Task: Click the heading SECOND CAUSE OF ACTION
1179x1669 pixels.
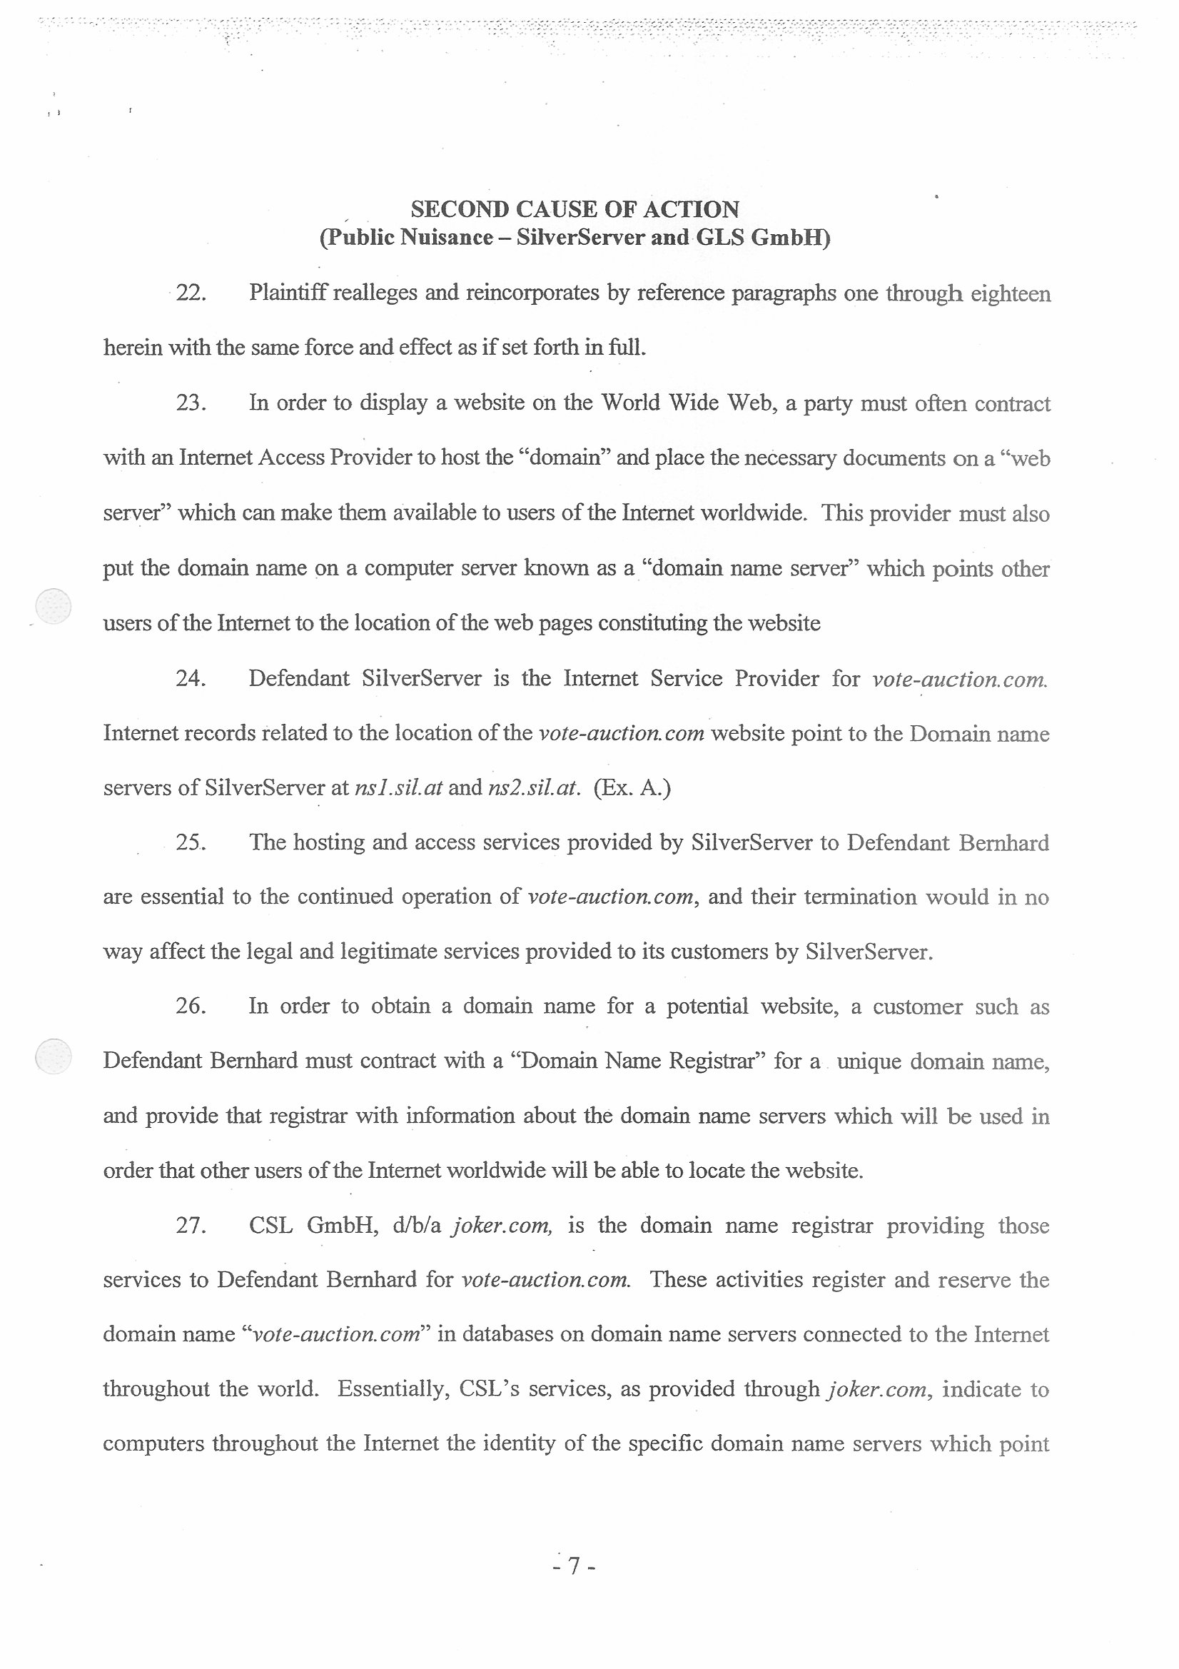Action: point(575,209)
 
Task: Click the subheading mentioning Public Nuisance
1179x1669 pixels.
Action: point(575,238)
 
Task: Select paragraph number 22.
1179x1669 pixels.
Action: point(191,293)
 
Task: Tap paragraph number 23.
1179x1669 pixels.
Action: point(191,403)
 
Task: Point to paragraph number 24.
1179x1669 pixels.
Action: point(191,678)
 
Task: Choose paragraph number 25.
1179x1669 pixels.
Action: point(191,842)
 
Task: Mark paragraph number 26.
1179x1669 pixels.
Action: point(191,1007)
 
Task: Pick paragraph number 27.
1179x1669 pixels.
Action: point(191,1226)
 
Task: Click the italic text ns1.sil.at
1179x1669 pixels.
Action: point(398,788)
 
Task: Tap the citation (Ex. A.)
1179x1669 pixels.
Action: point(632,788)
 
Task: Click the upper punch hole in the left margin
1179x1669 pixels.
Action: point(54,605)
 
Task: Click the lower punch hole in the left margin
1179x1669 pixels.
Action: point(54,1057)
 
